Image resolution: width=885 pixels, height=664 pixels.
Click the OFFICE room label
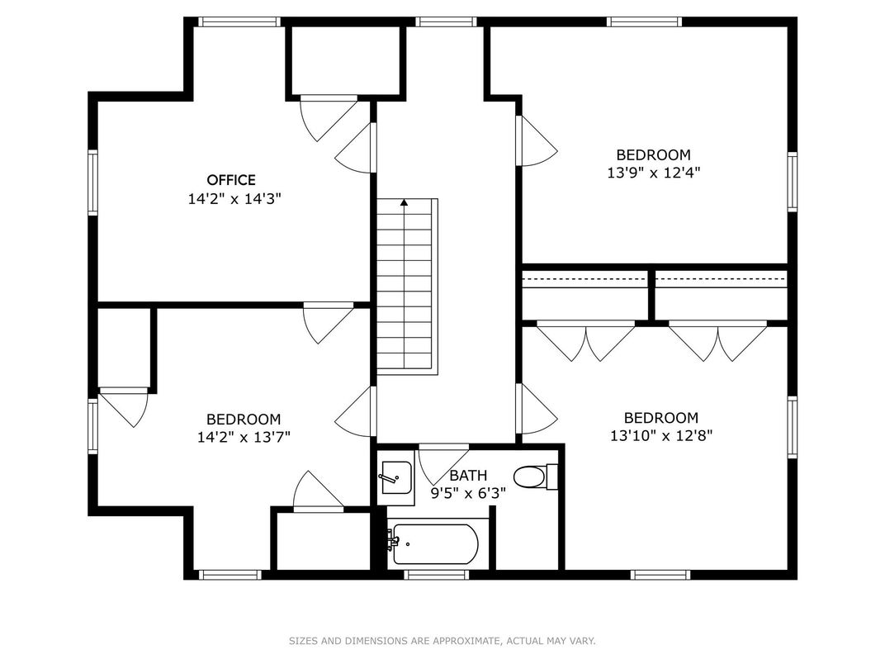pos(231,180)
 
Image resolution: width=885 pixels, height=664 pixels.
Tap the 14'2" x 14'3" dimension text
pos(234,199)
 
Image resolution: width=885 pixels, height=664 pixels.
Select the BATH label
pos(468,476)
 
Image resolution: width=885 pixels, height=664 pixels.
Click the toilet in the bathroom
pos(536,477)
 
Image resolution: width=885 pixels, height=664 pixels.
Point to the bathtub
pos(435,543)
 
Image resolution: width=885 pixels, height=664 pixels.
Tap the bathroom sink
pos(395,477)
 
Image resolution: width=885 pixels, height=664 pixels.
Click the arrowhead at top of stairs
pos(405,202)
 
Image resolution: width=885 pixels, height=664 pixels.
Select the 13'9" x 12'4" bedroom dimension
pos(654,173)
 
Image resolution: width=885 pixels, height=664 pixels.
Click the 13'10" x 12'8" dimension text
pos(661,436)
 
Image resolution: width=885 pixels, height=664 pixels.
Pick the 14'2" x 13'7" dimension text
pos(244,437)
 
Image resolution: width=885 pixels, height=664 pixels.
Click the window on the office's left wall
pos(92,183)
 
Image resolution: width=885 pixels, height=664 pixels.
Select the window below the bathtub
pos(436,575)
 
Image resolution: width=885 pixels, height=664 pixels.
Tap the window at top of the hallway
pos(447,22)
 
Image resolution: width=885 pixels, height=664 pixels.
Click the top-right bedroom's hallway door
pos(537,141)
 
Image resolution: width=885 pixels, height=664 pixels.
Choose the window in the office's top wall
pos(239,22)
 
